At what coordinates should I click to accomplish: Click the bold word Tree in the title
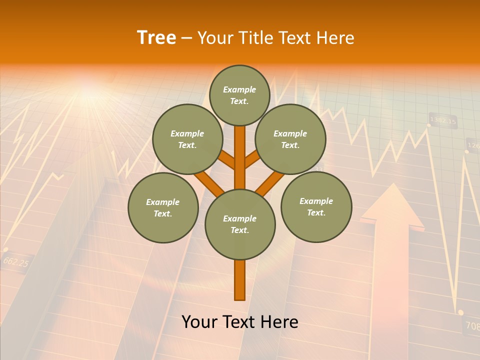tap(156, 38)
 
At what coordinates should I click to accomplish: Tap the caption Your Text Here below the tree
tap(240, 322)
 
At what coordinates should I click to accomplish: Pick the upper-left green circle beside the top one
tap(187, 139)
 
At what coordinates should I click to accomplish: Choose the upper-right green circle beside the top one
tap(290, 139)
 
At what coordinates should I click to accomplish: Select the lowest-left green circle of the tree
tap(163, 207)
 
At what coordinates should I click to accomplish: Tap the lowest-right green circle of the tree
tap(316, 206)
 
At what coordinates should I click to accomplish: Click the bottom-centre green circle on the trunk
tap(240, 224)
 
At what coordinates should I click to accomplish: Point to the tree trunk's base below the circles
tap(240, 282)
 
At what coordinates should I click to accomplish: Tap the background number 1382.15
tap(443, 121)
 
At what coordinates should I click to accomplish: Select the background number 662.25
tap(15, 261)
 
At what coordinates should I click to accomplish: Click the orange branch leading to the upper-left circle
tap(227, 159)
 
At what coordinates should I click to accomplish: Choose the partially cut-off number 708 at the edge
tap(472, 326)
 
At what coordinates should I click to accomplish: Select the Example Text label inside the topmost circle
tap(239, 95)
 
